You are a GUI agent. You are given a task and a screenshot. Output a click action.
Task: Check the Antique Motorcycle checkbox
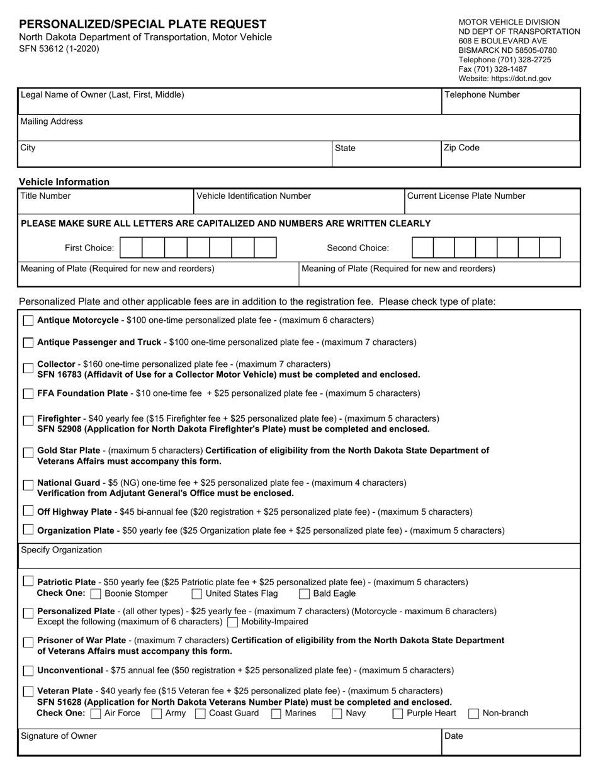(x=28, y=321)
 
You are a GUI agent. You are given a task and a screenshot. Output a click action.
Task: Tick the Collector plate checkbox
(x=28, y=368)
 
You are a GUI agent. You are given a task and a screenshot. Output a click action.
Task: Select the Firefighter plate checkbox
(x=28, y=421)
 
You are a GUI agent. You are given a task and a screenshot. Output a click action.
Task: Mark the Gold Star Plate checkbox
(x=28, y=453)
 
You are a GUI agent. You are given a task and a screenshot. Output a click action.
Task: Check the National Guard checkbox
(x=28, y=485)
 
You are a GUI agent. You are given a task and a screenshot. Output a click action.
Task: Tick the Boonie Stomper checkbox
(x=96, y=594)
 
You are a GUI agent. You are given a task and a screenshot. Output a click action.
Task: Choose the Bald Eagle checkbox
(x=304, y=594)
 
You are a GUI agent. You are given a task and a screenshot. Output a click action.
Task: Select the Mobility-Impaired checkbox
(x=232, y=622)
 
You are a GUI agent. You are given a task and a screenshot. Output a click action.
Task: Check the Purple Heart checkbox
(x=398, y=714)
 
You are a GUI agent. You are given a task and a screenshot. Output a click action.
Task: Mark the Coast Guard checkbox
(x=200, y=714)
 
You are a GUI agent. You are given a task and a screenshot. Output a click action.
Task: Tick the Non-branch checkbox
(x=473, y=714)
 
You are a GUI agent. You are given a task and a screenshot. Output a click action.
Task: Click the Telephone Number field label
(x=482, y=95)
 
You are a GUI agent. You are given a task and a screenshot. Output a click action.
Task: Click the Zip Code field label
(x=462, y=148)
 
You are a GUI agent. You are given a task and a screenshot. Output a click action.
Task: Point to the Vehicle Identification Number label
(x=254, y=196)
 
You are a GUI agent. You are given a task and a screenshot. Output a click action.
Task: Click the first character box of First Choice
(x=131, y=248)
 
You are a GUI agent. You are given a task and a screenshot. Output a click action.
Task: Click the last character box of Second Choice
(x=550, y=248)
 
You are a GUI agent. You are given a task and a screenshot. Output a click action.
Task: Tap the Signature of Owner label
(x=59, y=736)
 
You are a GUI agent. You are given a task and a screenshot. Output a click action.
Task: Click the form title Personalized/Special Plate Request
(x=143, y=24)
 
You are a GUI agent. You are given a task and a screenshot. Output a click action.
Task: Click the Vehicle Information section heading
(x=64, y=182)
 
